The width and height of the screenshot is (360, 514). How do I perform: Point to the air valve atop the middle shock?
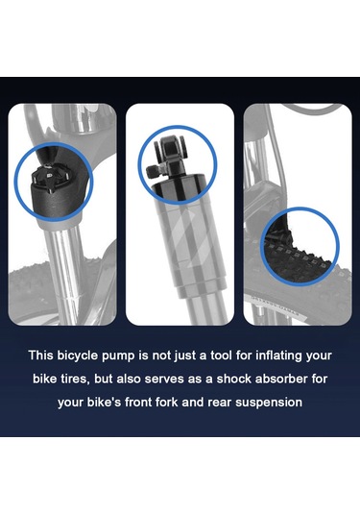click(168, 154)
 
